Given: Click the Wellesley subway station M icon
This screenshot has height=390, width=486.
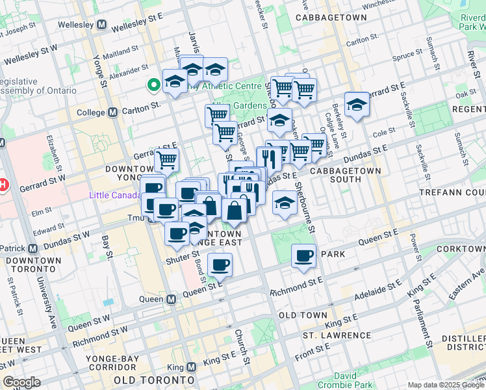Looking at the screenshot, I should (x=101, y=24).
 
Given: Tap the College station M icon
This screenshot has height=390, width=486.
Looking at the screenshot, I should (x=113, y=112).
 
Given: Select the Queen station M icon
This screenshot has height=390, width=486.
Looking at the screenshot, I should (x=172, y=300).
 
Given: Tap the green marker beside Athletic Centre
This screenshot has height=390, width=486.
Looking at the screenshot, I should (x=154, y=84).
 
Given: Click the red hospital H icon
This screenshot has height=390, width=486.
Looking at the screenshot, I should (x=3, y=185).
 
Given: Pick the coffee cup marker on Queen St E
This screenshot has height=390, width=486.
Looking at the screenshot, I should (x=220, y=264).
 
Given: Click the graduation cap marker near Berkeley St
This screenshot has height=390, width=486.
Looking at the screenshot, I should (x=357, y=104).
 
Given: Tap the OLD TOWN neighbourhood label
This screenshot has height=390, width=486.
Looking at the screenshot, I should (x=303, y=315).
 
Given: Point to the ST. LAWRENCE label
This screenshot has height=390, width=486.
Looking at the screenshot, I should (x=337, y=335).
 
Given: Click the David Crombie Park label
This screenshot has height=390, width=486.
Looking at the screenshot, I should (x=354, y=381).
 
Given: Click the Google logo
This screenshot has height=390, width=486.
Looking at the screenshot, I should (x=21, y=382).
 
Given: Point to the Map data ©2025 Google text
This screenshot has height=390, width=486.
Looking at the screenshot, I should (x=445, y=385).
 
